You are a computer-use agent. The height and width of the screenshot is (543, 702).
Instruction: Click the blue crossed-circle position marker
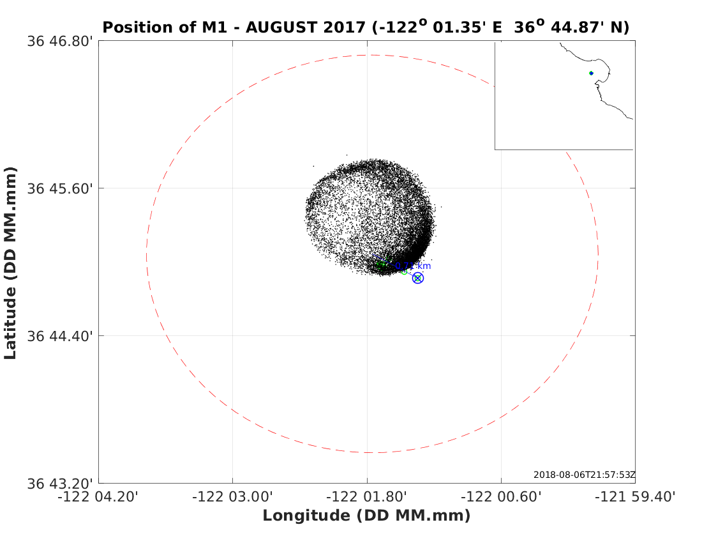pyautogui.click(x=417, y=278)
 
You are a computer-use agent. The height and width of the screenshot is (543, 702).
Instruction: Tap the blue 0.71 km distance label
pyautogui.click(x=414, y=266)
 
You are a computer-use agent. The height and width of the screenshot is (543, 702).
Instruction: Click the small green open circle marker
pyautogui.click(x=404, y=271)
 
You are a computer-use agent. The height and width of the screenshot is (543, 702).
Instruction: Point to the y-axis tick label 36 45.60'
pyautogui.click(x=61, y=188)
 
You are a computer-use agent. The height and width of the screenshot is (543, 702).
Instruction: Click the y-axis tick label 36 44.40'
pyautogui.click(x=61, y=335)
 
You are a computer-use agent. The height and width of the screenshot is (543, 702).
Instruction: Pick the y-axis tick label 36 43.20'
pyautogui.click(x=61, y=483)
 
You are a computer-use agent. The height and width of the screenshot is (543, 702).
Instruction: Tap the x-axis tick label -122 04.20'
pyautogui.click(x=98, y=497)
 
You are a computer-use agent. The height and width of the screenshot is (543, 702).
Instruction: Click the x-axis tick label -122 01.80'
pyautogui.click(x=367, y=497)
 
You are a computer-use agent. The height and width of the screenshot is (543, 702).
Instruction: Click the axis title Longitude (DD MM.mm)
pyautogui.click(x=366, y=516)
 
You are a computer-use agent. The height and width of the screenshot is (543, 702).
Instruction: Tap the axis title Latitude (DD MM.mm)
pyautogui.click(x=10, y=263)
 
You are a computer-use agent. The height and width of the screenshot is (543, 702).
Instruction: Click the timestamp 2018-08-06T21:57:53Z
pyautogui.click(x=584, y=475)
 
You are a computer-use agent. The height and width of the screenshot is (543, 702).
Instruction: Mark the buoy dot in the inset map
pyautogui.click(x=591, y=73)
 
